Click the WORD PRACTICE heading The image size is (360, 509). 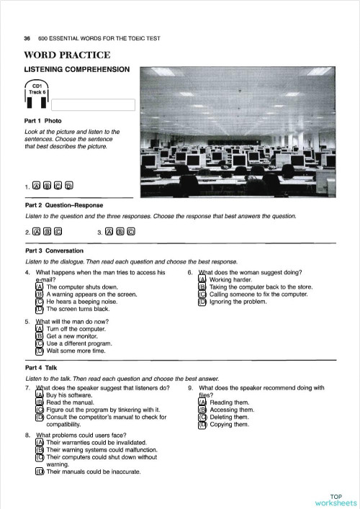click(x=67, y=55)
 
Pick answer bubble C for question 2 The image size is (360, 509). click(x=58, y=232)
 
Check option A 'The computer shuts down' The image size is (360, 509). click(x=40, y=287)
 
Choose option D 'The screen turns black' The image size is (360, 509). click(x=40, y=309)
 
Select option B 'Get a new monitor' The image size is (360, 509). click(x=40, y=336)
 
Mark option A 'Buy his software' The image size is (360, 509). click(x=40, y=395)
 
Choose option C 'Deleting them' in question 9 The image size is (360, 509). click(x=202, y=417)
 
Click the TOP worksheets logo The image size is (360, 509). click(x=336, y=500)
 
